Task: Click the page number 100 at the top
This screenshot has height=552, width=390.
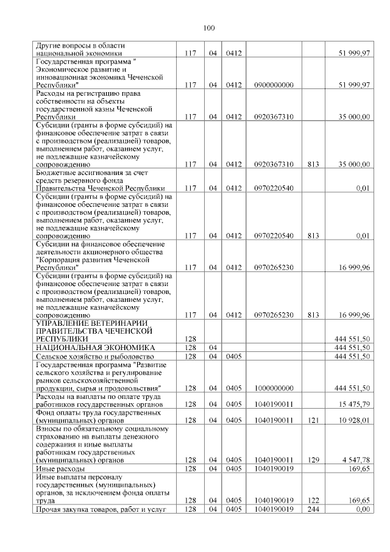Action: point(208,27)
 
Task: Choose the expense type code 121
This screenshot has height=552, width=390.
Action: point(313,420)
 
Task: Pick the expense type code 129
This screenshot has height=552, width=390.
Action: point(313,460)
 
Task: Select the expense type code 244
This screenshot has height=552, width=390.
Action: point(313,509)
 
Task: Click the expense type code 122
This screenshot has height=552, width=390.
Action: point(313,500)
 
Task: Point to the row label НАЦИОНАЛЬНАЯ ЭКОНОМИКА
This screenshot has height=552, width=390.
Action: point(96,347)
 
